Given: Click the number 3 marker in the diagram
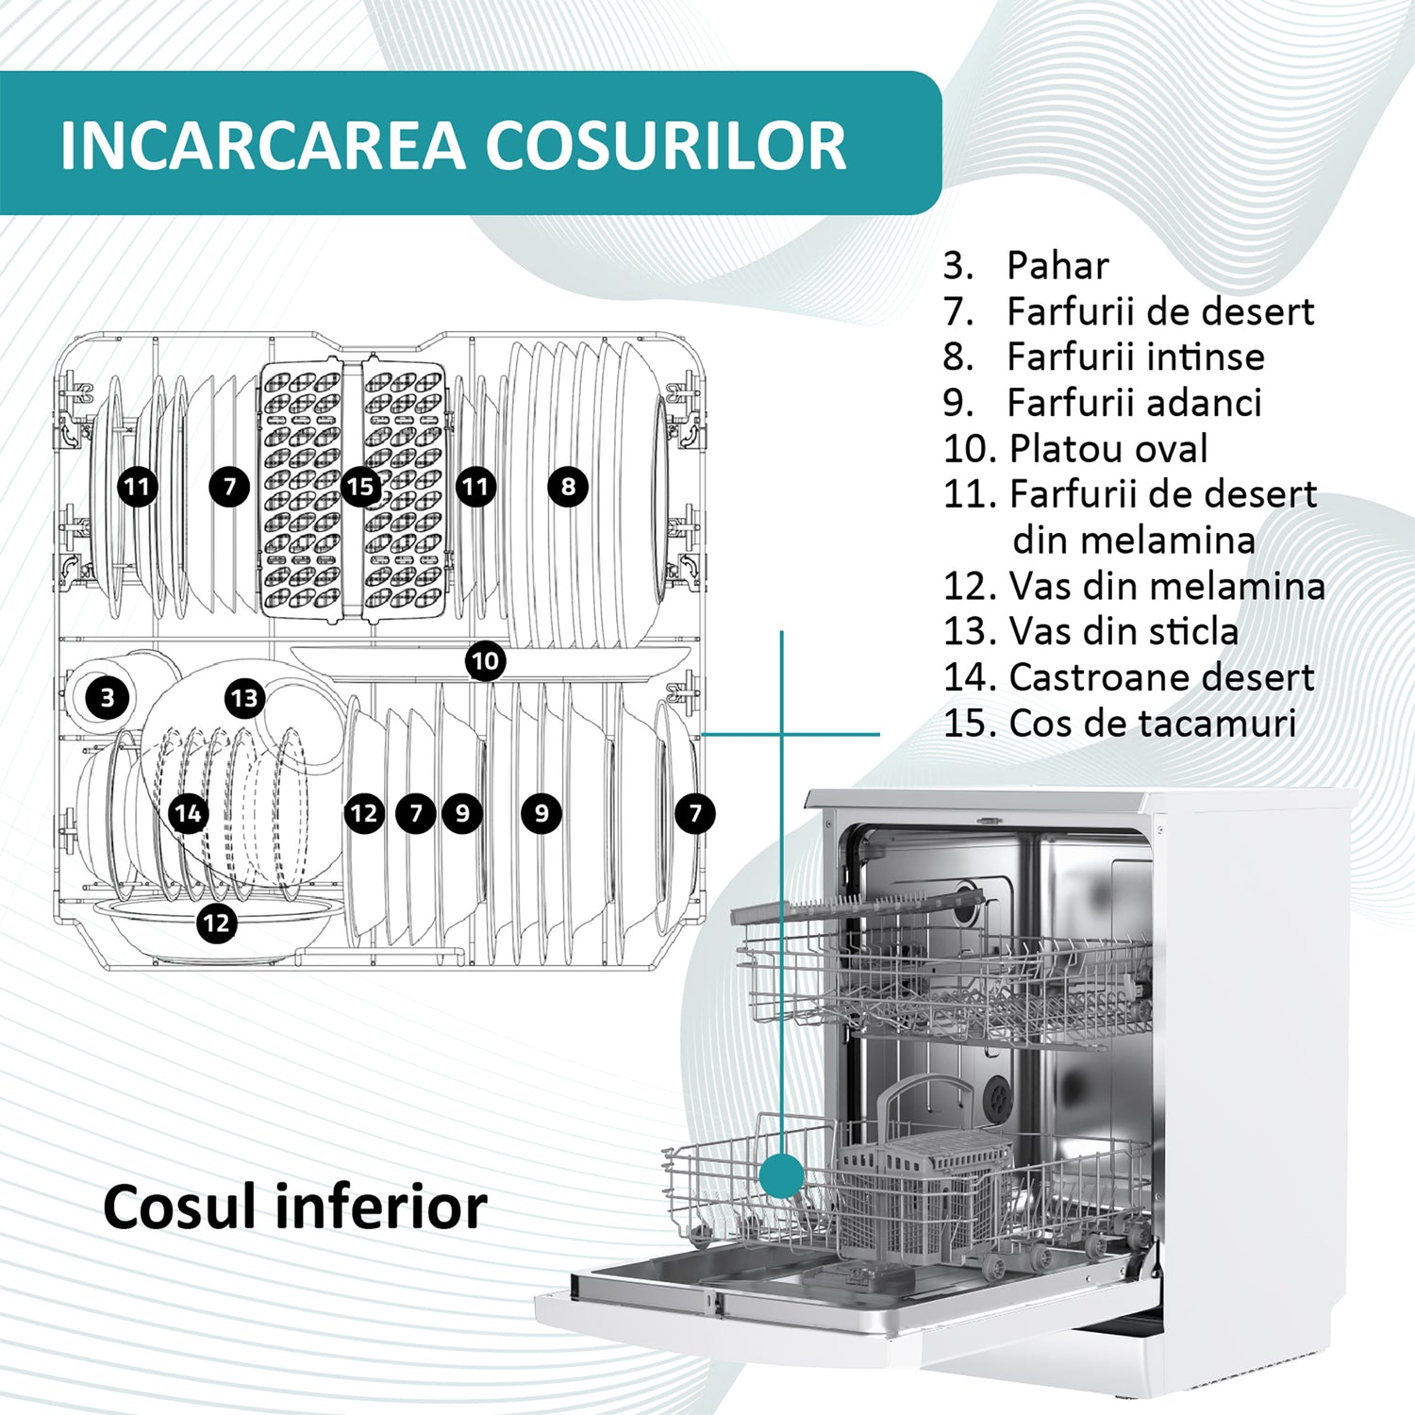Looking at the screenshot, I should (x=107, y=698).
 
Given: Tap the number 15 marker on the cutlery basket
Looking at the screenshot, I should (x=359, y=487).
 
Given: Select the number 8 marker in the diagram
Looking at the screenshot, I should (x=568, y=487).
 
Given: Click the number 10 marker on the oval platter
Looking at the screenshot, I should (x=485, y=661).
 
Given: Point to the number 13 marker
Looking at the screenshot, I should (x=244, y=698).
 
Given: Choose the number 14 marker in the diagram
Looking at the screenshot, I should (x=189, y=813).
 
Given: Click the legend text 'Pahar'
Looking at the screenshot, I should (x=1057, y=266).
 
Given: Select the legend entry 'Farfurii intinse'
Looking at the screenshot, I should (x=1135, y=358).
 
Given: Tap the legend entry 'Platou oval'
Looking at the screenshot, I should (x=1107, y=449).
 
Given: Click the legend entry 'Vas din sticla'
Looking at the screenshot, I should (x=1123, y=631).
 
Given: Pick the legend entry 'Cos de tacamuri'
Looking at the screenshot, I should (x=1152, y=724).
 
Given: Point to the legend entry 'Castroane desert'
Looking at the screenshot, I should (x=1160, y=677).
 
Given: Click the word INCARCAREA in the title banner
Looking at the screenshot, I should (x=262, y=145).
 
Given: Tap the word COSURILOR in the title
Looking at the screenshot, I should (x=665, y=145).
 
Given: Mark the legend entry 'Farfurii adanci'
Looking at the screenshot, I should (x=1134, y=403).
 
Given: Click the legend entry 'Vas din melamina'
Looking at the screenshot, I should (x=1166, y=586).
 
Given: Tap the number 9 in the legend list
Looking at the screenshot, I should (x=957, y=404).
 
